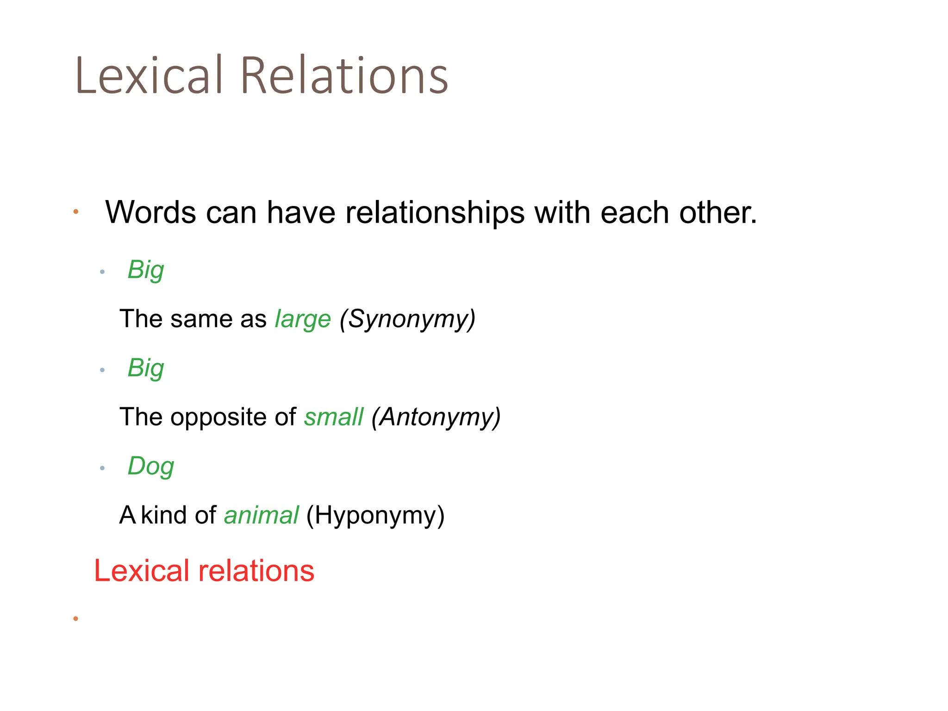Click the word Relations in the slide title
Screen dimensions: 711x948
[x=344, y=76]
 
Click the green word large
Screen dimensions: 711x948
[x=303, y=319]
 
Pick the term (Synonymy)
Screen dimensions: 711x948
[x=407, y=319]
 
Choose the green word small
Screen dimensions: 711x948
[x=333, y=417]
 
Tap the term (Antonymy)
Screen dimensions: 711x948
[x=436, y=417]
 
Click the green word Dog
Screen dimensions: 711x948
[x=151, y=466]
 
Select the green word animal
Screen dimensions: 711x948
[x=261, y=515]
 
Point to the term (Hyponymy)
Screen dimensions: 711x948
[x=375, y=515]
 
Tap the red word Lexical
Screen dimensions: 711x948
[x=142, y=571]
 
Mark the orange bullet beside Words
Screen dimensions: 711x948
[x=76, y=212]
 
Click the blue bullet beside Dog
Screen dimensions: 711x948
[x=102, y=468]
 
